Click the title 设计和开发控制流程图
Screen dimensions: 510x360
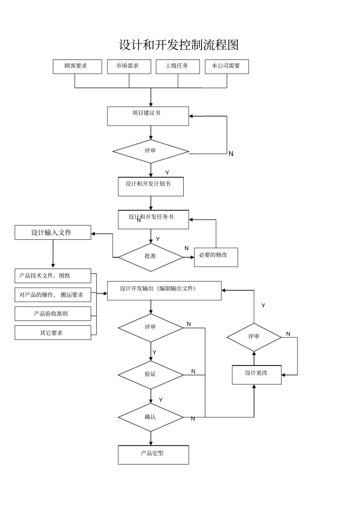point(179,45)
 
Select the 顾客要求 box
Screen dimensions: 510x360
point(77,66)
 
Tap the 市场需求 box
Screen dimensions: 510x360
point(129,66)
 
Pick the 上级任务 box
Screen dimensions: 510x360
point(178,66)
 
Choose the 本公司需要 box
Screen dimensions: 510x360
point(227,66)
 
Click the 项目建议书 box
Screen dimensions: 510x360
point(148,116)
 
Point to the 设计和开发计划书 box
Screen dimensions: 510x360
point(150,187)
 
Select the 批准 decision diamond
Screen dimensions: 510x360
point(150,257)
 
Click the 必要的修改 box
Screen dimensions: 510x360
point(216,257)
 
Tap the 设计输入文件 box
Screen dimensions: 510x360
point(53,232)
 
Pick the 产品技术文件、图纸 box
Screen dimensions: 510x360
point(53,276)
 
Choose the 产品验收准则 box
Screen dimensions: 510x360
point(53,314)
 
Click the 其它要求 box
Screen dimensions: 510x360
point(53,333)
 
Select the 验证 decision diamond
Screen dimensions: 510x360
point(150,375)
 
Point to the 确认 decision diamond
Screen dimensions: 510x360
point(150,417)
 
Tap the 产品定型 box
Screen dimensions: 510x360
point(153,455)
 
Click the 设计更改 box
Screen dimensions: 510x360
point(257,375)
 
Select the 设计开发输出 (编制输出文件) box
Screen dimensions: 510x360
point(164,290)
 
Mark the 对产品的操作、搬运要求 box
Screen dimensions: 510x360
point(53,295)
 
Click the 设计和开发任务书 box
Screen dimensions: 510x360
point(153,220)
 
